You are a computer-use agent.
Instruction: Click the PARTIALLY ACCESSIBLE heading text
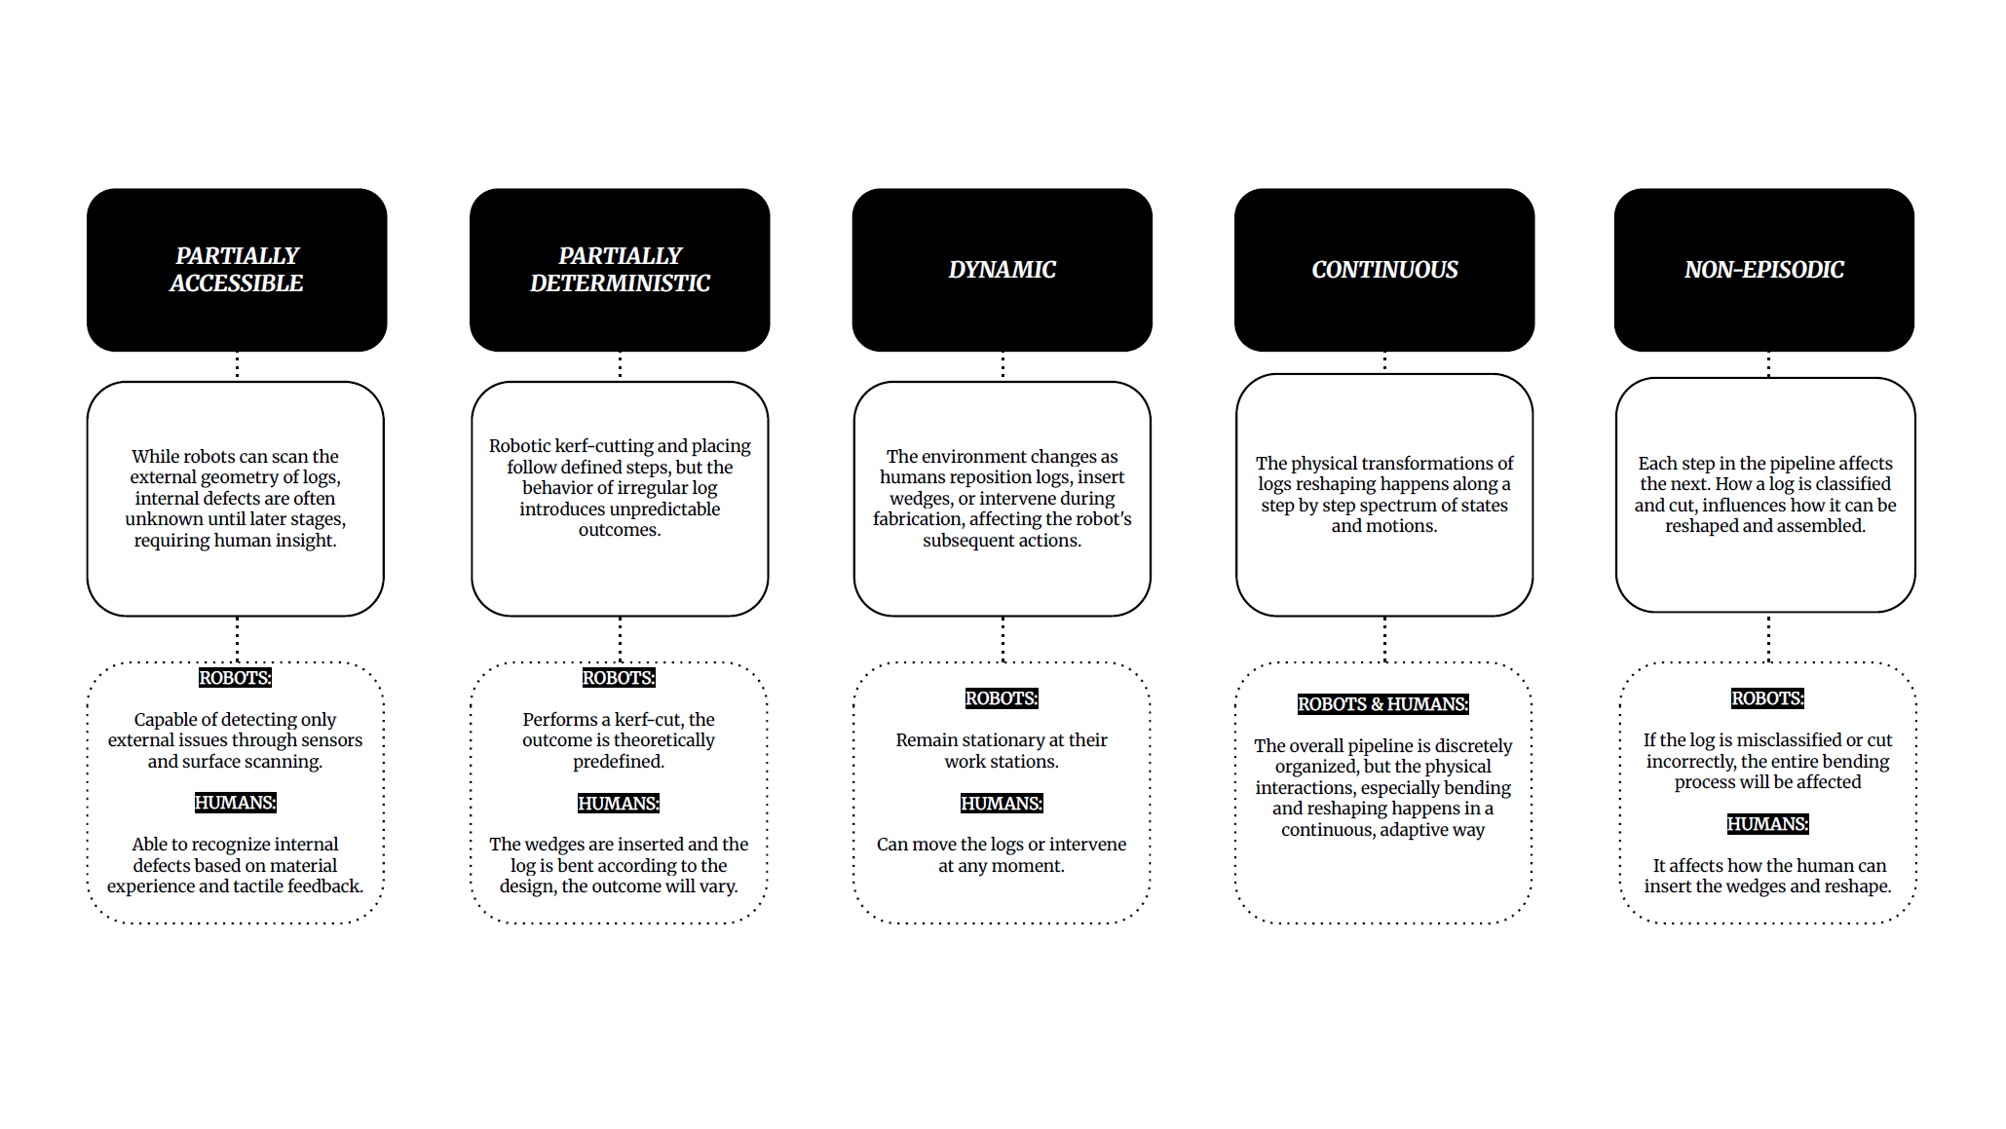point(237,269)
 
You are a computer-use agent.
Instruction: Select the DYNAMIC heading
point(1002,270)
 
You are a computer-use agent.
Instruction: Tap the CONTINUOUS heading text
point(1384,270)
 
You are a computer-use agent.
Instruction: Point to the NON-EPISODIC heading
point(1763,270)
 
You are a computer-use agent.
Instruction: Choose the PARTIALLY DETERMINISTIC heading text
point(620,269)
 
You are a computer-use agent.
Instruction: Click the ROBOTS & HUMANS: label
point(1382,704)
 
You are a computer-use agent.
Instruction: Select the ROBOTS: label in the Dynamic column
point(1002,698)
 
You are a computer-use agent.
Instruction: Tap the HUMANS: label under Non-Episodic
point(1767,824)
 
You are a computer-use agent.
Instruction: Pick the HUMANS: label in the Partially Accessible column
point(235,803)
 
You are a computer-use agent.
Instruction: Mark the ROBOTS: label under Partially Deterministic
point(619,678)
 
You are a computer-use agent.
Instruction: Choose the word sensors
point(331,740)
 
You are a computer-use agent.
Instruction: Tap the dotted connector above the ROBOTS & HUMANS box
point(1384,639)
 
